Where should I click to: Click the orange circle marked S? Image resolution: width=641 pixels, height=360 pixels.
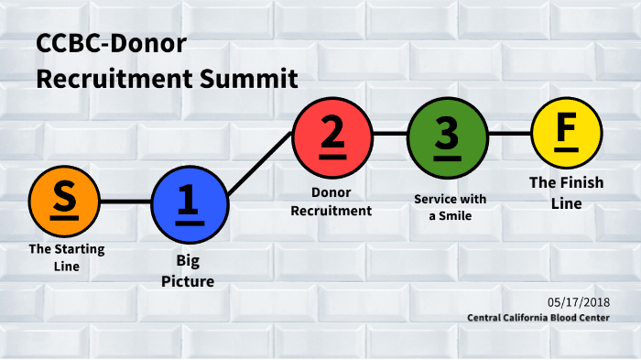64,201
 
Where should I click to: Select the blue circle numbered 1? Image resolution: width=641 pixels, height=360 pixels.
188,201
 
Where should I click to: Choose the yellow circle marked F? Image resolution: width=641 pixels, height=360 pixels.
566,134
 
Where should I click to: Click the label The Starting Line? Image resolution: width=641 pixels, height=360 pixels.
66,257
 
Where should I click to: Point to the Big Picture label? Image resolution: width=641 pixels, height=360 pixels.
188,272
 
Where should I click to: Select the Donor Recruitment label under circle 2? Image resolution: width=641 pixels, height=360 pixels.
331,202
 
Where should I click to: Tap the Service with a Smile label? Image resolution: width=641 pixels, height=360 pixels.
451,207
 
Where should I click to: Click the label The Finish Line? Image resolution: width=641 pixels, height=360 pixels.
566,192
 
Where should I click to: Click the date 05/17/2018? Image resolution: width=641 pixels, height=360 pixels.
579,301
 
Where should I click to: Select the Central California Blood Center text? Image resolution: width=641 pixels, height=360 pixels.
538,318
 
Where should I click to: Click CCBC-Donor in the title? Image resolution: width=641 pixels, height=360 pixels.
111,43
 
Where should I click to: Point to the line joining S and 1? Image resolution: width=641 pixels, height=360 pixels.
125,201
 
